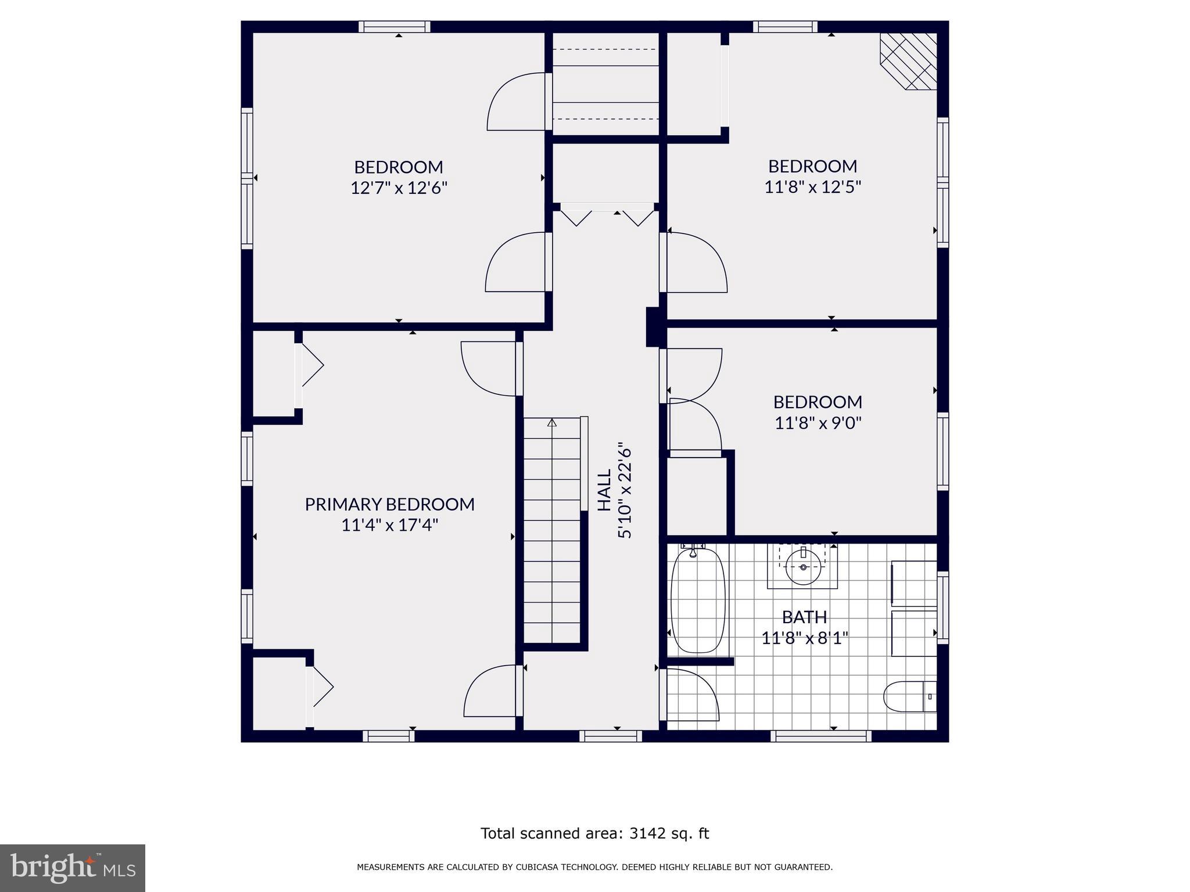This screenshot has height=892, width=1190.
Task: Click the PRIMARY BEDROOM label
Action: pyautogui.click(x=389, y=504)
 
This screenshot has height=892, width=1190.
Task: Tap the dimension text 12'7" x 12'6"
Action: pyautogui.click(x=399, y=188)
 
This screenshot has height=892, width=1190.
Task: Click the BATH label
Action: pyautogui.click(x=804, y=617)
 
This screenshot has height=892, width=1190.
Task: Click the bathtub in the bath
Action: pyautogui.click(x=698, y=601)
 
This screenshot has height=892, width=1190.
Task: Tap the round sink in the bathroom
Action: pyautogui.click(x=803, y=567)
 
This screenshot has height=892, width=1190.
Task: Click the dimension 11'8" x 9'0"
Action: pyautogui.click(x=818, y=423)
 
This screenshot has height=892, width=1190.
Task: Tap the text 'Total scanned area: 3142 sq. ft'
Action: pyautogui.click(x=594, y=833)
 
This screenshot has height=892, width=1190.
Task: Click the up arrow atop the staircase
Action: pyautogui.click(x=552, y=423)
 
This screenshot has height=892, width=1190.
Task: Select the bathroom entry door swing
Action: pyautogui.click(x=691, y=694)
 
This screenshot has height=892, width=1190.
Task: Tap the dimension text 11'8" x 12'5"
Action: pyautogui.click(x=812, y=187)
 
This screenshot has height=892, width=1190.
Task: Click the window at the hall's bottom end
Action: pyautogui.click(x=610, y=736)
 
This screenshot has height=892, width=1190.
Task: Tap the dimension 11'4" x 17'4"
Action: pyautogui.click(x=389, y=525)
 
